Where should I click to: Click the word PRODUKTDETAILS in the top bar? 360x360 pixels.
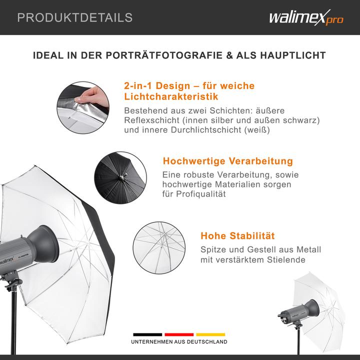click(75, 18)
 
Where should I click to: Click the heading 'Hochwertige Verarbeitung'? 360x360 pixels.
click(228, 161)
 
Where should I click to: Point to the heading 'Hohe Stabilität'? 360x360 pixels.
click(237, 236)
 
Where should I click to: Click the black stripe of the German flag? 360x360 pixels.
click(147, 334)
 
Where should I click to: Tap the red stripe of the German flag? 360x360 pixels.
click(178, 334)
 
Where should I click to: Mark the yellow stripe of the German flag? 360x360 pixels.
click(210, 334)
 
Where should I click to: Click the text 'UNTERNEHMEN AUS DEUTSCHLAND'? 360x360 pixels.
click(179, 342)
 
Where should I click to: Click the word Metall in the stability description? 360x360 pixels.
click(307, 249)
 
